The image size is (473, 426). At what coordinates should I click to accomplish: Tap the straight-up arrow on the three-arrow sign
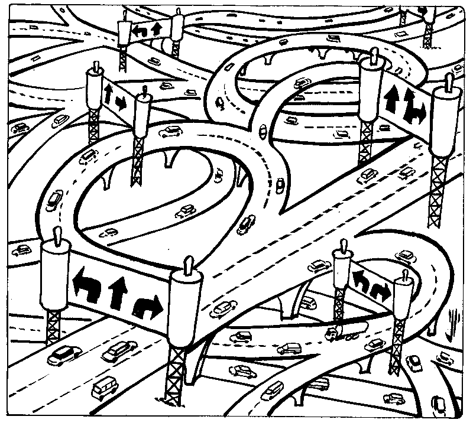click(x=117, y=290)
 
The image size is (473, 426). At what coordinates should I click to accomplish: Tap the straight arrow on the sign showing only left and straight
click(x=157, y=28)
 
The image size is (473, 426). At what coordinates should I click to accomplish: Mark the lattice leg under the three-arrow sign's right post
click(x=178, y=378)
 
